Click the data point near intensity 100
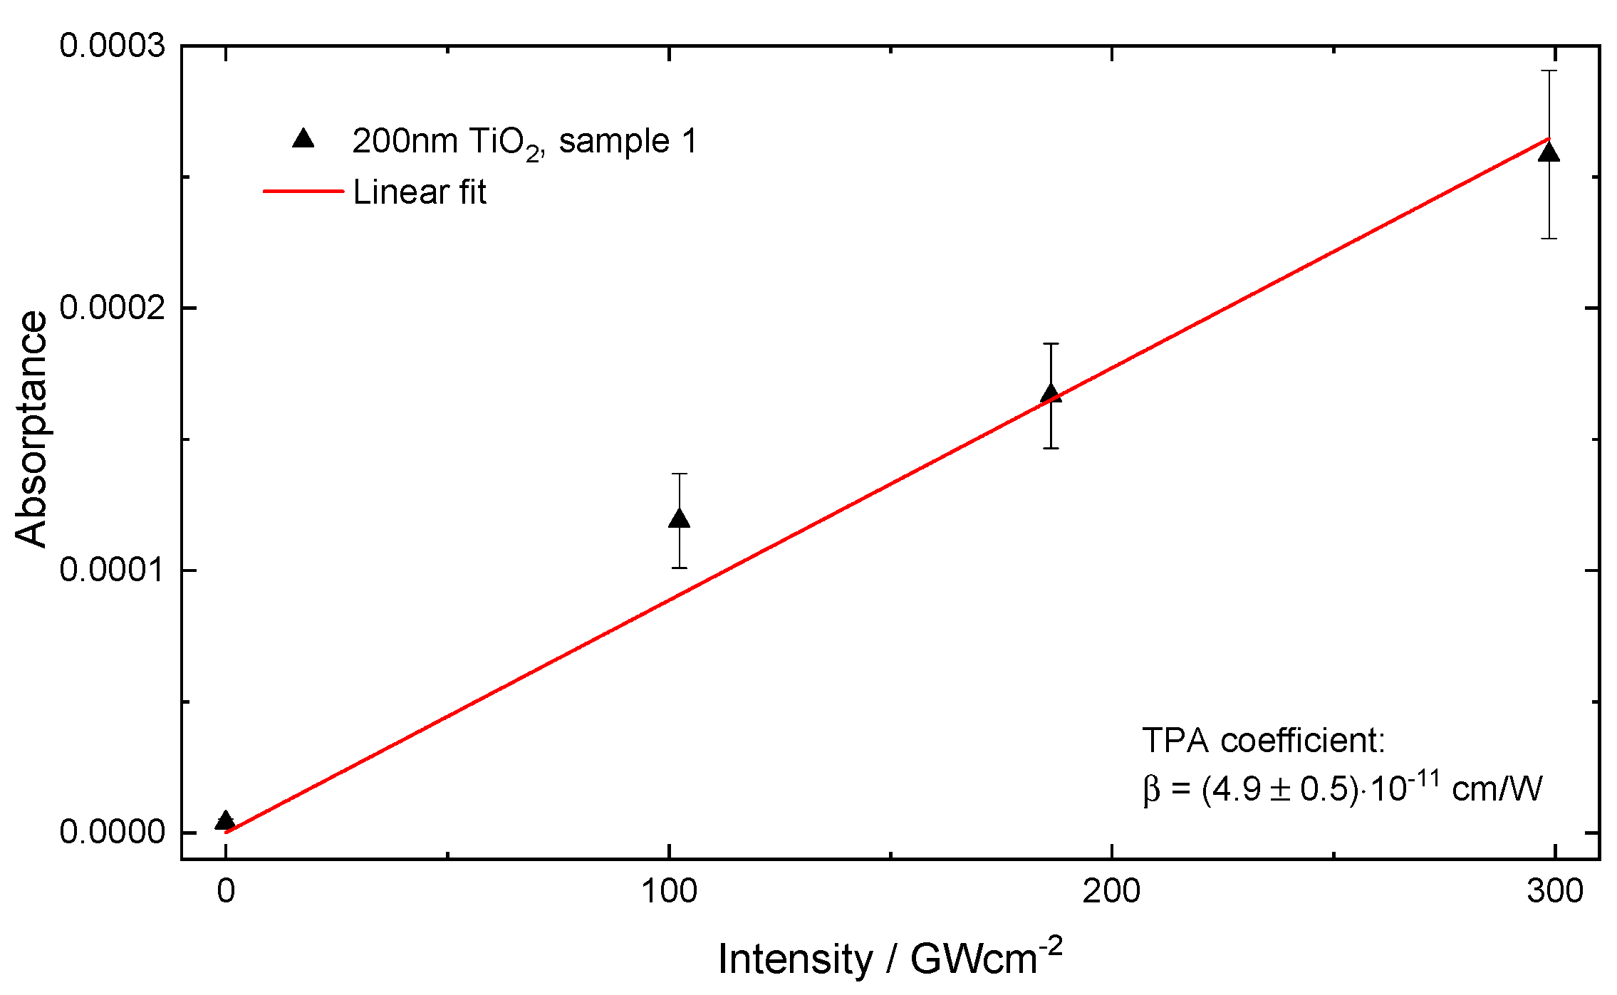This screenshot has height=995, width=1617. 680,519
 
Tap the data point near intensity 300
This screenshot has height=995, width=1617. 1549,153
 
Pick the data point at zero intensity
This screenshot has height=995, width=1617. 225,821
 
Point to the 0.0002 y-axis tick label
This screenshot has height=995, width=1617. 112,308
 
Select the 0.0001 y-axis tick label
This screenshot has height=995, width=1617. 112,570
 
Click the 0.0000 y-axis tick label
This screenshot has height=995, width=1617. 112,832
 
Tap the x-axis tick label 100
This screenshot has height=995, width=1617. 669,892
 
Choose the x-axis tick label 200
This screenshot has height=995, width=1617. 1111,892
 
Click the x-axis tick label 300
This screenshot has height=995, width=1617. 1554,892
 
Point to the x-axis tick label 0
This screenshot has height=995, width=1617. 226,892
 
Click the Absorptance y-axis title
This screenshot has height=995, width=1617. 31,429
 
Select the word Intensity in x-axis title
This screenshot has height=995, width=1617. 794,959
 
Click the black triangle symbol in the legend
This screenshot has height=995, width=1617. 303,138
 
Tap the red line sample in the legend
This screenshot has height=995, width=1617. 303,191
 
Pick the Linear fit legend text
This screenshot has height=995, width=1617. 420,192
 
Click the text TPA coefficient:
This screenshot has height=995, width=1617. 1264,741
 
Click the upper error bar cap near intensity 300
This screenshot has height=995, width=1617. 1549,71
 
